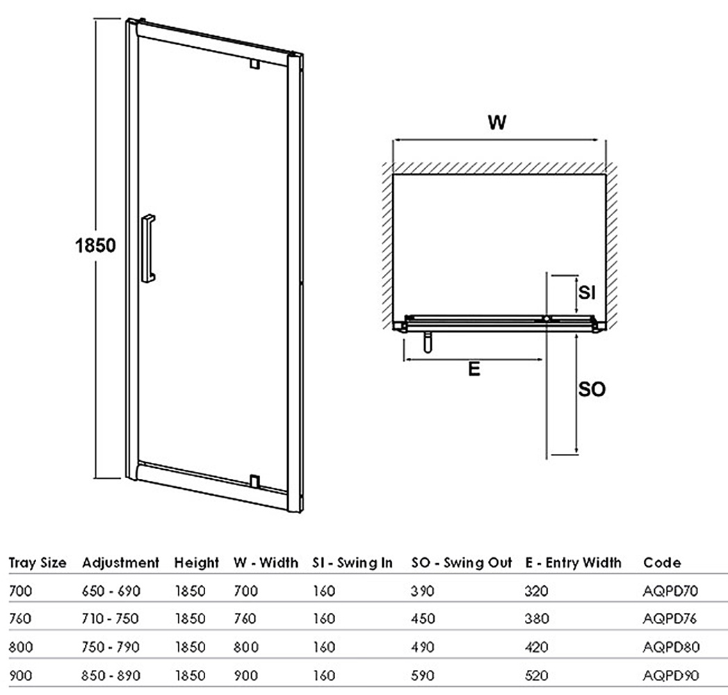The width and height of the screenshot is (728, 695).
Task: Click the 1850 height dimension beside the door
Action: [x=95, y=245]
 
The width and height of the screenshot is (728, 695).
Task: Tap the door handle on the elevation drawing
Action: [x=147, y=248]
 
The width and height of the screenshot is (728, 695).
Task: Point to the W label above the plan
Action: [x=496, y=122]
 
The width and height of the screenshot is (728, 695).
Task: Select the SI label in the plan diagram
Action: [x=587, y=293]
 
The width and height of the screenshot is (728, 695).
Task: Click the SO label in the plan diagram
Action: [x=592, y=389]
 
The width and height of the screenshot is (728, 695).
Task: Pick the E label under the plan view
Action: [x=474, y=369]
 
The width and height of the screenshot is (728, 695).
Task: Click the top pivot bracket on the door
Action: [x=254, y=63]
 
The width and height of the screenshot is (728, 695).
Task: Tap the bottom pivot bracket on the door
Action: [x=254, y=482]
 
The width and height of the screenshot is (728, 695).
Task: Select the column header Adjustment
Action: [x=121, y=563]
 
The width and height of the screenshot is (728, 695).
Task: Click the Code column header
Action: [x=662, y=563]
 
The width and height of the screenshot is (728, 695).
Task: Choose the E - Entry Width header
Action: [x=574, y=563]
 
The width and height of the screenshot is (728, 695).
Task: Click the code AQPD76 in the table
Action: [x=670, y=619]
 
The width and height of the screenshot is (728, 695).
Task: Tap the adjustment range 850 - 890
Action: [x=111, y=675]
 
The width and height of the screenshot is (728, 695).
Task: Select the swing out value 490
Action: [x=423, y=647]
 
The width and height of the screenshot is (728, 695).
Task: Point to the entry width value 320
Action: [x=536, y=591]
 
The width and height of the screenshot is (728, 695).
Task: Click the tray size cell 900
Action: [x=21, y=675]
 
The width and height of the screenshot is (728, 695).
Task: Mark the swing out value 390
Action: [x=423, y=591]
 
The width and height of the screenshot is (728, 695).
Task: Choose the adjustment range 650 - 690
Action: [x=111, y=591]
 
